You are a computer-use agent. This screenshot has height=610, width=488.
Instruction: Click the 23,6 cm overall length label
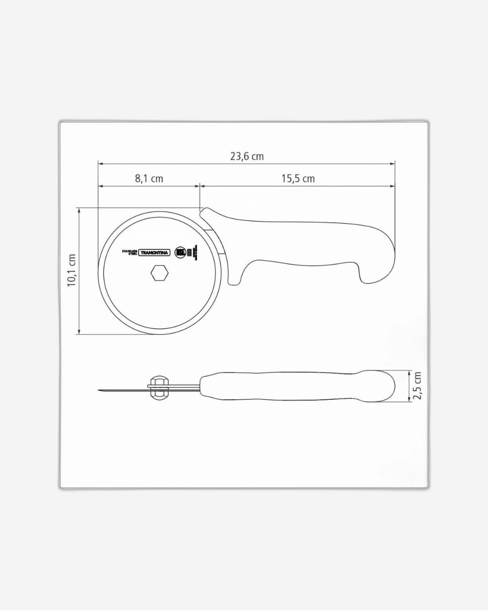click(x=247, y=156)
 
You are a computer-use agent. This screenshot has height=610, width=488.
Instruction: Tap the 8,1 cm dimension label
click(x=149, y=178)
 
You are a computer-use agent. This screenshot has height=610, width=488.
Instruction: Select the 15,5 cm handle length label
click(x=298, y=178)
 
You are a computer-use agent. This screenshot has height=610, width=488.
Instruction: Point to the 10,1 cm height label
click(x=72, y=270)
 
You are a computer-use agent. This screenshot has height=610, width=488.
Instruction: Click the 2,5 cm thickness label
click(x=417, y=385)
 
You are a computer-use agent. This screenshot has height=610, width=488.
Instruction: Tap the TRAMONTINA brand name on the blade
click(x=154, y=253)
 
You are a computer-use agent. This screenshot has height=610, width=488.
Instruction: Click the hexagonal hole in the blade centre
click(x=159, y=273)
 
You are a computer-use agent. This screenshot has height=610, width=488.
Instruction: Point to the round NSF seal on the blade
click(x=180, y=252)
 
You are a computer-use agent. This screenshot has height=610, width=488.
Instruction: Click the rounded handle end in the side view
click(x=392, y=386)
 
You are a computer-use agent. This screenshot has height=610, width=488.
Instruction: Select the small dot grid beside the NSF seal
click(x=189, y=252)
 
